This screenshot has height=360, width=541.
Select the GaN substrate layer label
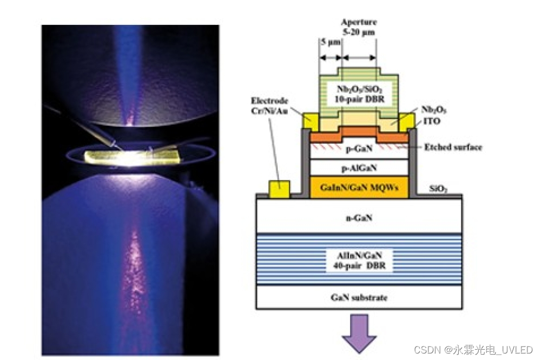(359, 297)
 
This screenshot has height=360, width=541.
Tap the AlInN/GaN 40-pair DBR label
(359, 261)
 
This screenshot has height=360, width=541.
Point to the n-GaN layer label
(359, 218)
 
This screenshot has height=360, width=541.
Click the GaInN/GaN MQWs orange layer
(359, 186)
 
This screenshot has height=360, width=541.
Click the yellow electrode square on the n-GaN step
(279, 189)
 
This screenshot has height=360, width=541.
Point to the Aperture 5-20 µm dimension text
(359, 27)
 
